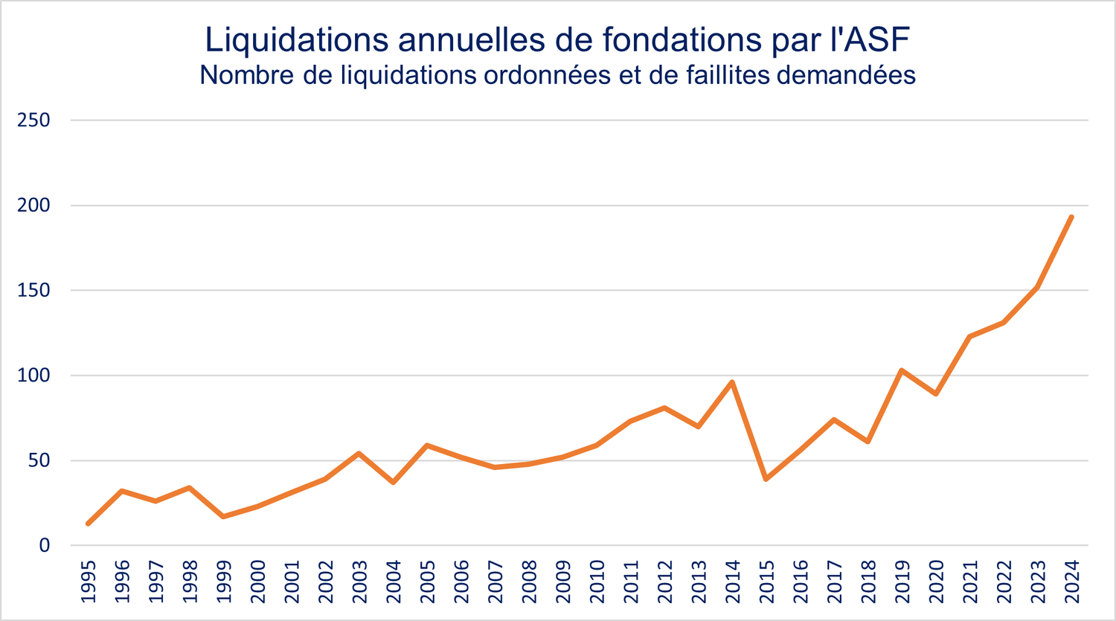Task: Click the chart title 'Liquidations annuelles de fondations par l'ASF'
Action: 557,39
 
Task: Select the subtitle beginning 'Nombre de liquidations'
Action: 557,75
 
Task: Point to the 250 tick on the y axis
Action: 34,120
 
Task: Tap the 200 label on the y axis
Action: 34,205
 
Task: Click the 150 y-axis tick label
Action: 34,290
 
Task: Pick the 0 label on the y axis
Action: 45,545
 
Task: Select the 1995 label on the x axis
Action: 89,582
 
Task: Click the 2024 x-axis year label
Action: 1071,582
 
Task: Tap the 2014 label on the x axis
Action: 733,582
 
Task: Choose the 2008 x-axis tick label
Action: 529,582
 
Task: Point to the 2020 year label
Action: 936,582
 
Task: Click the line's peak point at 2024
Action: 1071,217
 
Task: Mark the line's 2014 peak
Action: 733,382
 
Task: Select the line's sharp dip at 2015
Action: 766,479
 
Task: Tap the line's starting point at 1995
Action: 89,524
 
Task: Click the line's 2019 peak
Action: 902,370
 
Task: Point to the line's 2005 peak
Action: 427,445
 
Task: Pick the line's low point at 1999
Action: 224,516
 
